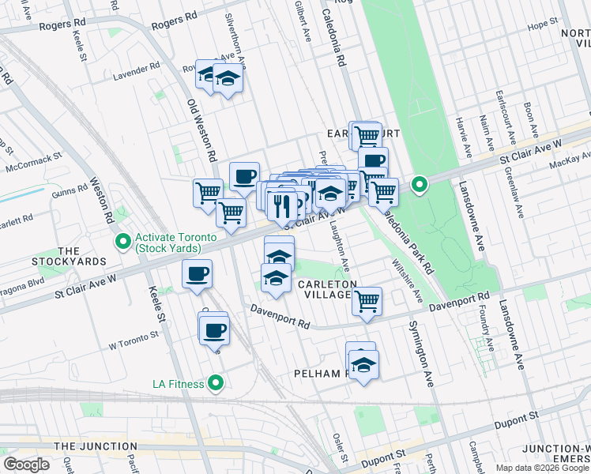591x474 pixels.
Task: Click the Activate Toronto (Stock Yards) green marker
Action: [122, 241]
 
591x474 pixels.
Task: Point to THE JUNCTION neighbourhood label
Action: [87, 446]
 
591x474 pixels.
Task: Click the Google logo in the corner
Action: [26, 465]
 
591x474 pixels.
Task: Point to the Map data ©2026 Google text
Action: [542, 468]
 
